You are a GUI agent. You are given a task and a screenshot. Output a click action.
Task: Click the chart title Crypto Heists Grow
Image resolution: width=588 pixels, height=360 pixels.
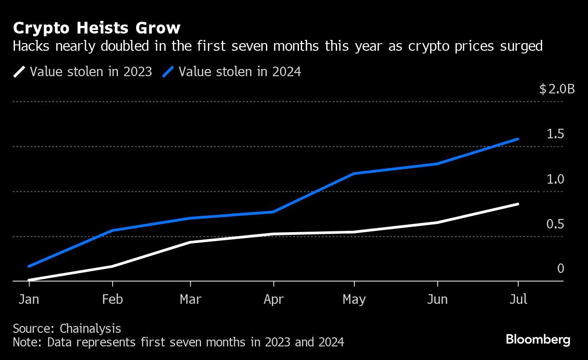[x=97, y=29]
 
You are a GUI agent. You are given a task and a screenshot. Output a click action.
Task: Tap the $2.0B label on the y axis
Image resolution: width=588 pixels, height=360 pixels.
[x=557, y=89]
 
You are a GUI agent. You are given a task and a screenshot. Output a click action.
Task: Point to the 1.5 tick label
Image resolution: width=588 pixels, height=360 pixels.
[x=555, y=134]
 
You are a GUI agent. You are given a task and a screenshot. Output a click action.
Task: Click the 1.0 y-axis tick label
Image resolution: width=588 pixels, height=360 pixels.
[x=555, y=180]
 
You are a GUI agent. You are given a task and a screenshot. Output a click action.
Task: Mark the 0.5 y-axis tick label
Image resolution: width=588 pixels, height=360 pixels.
[x=555, y=224]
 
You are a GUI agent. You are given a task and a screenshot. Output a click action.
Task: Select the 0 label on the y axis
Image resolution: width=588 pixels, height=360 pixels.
[x=560, y=269]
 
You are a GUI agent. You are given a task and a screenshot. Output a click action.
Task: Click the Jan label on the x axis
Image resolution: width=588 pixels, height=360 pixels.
[x=29, y=300]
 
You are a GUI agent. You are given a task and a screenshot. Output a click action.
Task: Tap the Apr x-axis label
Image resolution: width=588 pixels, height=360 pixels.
[x=273, y=300]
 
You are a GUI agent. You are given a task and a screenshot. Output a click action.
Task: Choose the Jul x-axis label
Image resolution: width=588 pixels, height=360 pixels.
[x=518, y=300]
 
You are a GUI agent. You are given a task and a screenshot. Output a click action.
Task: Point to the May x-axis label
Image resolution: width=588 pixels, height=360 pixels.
[x=354, y=300]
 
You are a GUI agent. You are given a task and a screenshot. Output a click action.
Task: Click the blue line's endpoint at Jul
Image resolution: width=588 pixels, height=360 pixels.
[x=518, y=139]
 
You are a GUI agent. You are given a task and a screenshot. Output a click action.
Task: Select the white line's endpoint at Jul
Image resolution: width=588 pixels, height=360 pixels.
[x=518, y=204]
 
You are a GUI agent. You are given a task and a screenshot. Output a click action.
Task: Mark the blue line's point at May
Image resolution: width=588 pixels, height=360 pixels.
[x=354, y=174]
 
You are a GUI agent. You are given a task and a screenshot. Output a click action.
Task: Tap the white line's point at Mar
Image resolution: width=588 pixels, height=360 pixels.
[x=190, y=242]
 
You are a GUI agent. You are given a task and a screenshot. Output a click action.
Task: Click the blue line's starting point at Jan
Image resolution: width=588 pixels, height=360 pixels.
[x=29, y=266]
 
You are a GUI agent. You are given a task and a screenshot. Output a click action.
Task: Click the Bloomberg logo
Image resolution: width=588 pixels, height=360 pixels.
[x=538, y=339]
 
